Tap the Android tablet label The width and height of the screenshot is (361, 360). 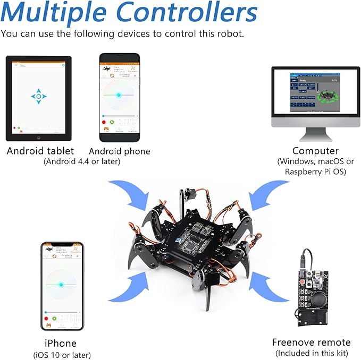point(40,151)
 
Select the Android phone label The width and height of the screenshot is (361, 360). point(120,151)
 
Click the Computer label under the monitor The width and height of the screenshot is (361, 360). point(315,151)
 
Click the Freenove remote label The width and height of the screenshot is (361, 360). point(311,342)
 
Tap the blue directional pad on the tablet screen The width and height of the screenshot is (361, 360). point(39,97)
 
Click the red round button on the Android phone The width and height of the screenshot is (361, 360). point(104,122)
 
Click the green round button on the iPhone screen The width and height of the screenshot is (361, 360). point(54,319)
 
